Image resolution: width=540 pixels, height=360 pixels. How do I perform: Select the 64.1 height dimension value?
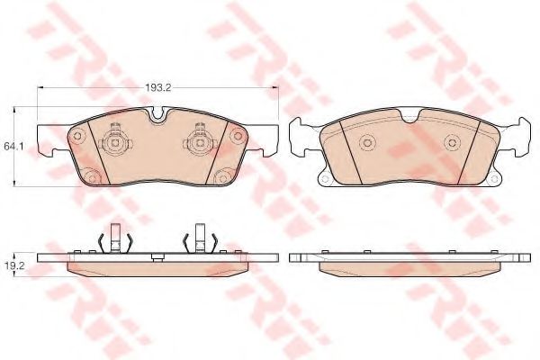[13, 145]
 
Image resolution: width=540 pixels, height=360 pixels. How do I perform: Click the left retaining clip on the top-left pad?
[114, 140]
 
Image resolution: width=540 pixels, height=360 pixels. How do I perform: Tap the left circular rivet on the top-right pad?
[366, 143]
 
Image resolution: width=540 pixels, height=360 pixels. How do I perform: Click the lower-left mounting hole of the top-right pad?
[324, 177]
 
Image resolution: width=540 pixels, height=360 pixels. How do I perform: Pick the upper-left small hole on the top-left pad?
[77, 135]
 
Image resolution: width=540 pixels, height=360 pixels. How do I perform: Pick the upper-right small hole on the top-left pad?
[237, 135]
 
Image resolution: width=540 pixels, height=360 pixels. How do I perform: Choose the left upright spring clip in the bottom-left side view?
[114, 238]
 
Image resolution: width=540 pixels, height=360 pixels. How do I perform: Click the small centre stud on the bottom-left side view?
[157, 259]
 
